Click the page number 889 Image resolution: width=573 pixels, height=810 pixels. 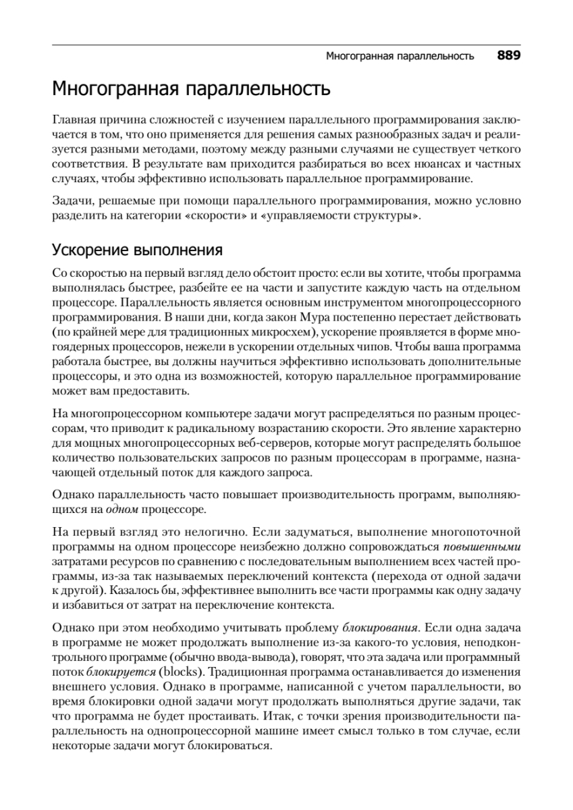(509, 56)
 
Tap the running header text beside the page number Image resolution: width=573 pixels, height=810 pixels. (400, 57)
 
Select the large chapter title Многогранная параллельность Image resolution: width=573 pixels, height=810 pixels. (192, 89)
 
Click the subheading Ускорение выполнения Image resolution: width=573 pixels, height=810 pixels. (138, 251)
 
